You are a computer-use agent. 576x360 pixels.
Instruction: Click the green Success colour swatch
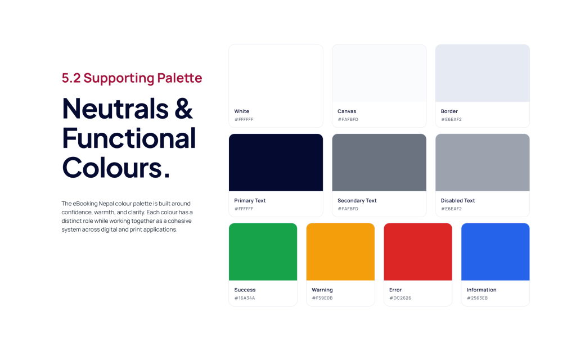pyautogui.click(x=263, y=251)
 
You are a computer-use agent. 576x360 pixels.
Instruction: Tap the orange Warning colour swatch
pyautogui.click(x=340, y=251)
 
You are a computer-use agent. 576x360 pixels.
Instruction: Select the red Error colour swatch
pyautogui.click(x=418, y=251)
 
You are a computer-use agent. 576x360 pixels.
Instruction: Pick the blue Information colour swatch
pyautogui.click(x=496, y=251)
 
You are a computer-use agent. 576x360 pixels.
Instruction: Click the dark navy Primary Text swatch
pyautogui.click(x=276, y=163)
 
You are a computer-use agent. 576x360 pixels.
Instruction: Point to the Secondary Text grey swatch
pyautogui.click(x=379, y=163)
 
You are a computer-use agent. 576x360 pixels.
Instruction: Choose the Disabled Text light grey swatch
pyautogui.click(x=483, y=163)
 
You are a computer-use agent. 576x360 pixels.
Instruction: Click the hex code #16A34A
pyautogui.click(x=245, y=298)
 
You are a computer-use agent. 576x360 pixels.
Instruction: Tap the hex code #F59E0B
pyautogui.click(x=322, y=298)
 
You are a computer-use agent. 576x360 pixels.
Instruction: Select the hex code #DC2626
pyautogui.click(x=400, y=298)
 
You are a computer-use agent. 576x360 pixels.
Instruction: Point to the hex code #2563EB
pyautogui.click(x=477, y=298)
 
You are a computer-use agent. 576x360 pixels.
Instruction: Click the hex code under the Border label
pyautogui.click(x=451, y=119)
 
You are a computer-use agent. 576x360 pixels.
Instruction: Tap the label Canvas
pyautogui.click(x=346, y=111)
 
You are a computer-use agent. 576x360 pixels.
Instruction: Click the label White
pyautogui.click(x=242, y=111)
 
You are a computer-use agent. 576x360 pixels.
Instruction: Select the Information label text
pyautogui.click(x=481, y=290)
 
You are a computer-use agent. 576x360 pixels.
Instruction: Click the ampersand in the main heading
pyautogui.click(x=184, y=109)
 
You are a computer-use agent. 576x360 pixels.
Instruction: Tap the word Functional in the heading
pyautogui.click(x=129, y=138)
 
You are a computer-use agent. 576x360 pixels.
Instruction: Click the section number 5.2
pyautogui.click(x=71, y=78)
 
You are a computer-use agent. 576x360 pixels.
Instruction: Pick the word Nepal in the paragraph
pyautogui.click(x=106, y=204)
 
